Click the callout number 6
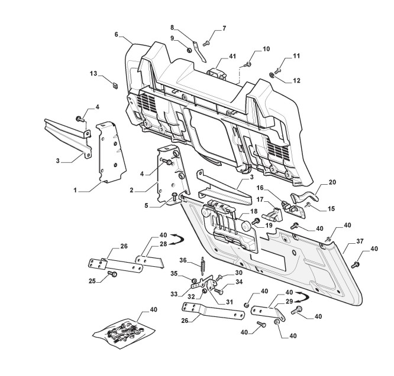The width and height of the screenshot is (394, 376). pos(117,35)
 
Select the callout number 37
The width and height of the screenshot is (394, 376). pos(359,241)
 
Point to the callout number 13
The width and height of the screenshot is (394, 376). pos(93,74)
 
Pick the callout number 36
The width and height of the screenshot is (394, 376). pos(183,260)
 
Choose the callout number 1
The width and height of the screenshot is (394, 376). pos(75,191)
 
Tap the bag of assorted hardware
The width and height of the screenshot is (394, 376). pos(125,332)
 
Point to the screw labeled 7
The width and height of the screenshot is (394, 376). pos(206,42)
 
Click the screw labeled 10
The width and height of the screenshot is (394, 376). pos(249,63)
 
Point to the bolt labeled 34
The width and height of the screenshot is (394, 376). pos(218,290)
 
